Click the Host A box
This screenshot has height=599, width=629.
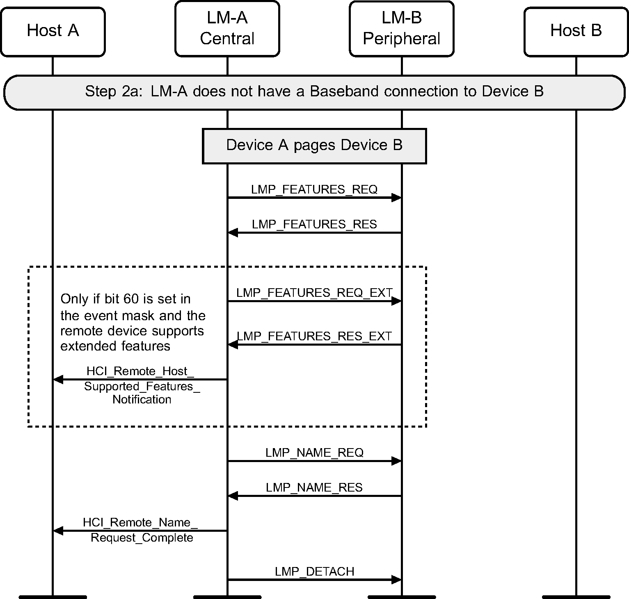point(53,31)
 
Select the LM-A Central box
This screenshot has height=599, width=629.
point(227,28)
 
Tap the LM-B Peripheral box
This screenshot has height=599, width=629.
point(402,28)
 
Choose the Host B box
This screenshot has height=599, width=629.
point(576,31)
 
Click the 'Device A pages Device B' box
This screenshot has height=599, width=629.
point(314,146)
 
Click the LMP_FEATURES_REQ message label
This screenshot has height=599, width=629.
point(314,189)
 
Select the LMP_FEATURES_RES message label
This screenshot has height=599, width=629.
point(314,224)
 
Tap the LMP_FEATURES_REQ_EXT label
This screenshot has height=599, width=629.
point(314,293)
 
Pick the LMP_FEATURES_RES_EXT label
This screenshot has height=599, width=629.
point(314,336)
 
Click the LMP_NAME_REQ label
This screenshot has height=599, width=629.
point(314,453)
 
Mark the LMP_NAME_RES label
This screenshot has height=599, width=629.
point(314,487)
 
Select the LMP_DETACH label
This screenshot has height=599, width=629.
point(314,572)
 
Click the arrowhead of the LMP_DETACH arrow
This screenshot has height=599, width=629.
point(396,580)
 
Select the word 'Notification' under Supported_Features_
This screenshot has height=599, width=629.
point(142,400)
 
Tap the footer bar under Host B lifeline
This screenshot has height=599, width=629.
point(576,597)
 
